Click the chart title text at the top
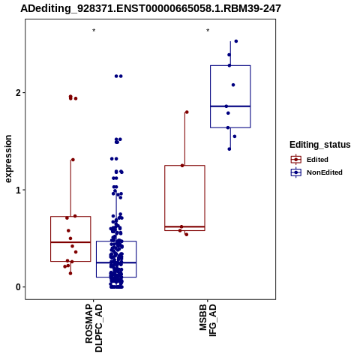[151, 9]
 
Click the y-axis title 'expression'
[8, 159]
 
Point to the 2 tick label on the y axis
[18, 93]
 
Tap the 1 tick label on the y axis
[18, 190]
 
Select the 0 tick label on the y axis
[18, 287]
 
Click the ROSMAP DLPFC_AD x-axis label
[94, 328]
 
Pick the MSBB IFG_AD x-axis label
[208, 320]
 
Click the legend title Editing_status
[320, 145]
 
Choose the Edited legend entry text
[317, 160]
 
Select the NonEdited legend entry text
[325, 172]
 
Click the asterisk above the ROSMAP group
[94, 31]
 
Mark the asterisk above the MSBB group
[208, 31]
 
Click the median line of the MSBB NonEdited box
[230, 106]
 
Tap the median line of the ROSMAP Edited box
[70, 242]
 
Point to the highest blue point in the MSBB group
[236, 41]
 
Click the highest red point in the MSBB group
[187, 112]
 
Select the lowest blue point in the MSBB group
[229, 149]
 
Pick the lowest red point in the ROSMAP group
[70, 274]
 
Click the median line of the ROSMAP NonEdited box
[116, 262]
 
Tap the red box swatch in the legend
[296, 160]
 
